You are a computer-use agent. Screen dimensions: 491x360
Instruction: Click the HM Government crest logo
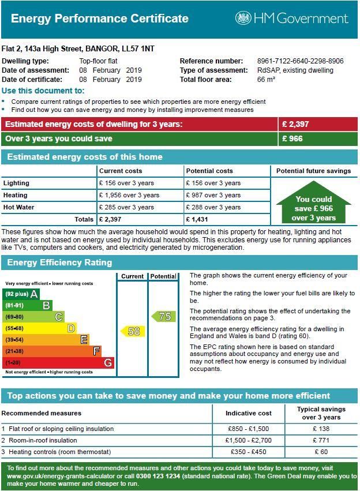click(243, 18)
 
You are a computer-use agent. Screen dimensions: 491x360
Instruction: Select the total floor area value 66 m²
click(266, 80)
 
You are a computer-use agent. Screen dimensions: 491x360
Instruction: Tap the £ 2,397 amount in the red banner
click(295, 124)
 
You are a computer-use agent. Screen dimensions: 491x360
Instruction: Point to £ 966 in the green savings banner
click(292, 138)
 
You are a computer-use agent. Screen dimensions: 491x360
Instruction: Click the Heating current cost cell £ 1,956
click(129, 195)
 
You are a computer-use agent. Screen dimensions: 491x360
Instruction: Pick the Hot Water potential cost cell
click(213, 207)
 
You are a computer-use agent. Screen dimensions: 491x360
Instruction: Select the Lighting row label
click(16, 183)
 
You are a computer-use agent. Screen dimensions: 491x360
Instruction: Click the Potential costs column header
click(209, 171)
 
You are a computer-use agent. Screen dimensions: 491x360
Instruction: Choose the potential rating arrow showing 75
click(163, 316)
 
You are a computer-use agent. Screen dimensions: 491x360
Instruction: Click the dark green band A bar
click(22, 294)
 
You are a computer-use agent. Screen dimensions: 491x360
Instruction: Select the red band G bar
click(59, 362)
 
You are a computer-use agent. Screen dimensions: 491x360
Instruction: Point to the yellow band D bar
click(40, 328)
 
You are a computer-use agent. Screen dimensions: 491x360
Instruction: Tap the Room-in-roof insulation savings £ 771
click(321, 440)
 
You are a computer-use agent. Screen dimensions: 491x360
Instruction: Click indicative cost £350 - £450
click(248, 452)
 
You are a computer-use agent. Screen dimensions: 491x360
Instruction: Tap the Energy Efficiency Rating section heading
click(59, 263)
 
